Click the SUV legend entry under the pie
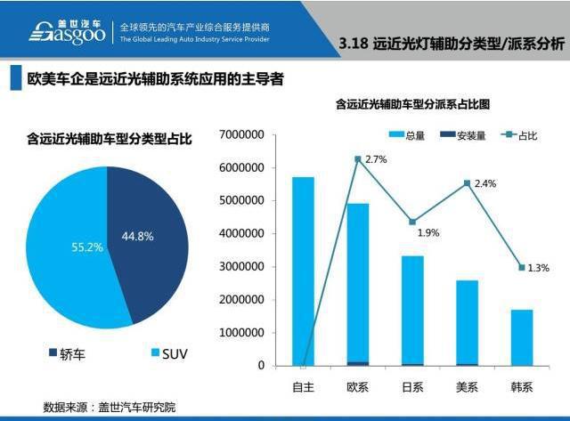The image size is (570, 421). pyautogui.click(x=164, y=353)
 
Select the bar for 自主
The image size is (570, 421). pyautogui.click(x=304, y=271)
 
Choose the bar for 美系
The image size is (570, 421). pyautogui.click(x=467, y=322)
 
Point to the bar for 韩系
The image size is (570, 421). pyautogui.click(x=521, y=337)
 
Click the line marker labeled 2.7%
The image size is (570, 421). pyautogui.click(x=358, y=159)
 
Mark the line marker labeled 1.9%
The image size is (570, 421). pyautogui.click(x=412, y=222)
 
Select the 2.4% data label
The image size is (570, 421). pyautogui.click(x=485, y=184)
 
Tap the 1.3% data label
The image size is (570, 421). pyautogui.click(x=539, y=267)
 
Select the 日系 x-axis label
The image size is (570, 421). pyautogui.click(x=412, y=387)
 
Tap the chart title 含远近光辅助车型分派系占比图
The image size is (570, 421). pyautogui.click(x=413, y=104)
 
